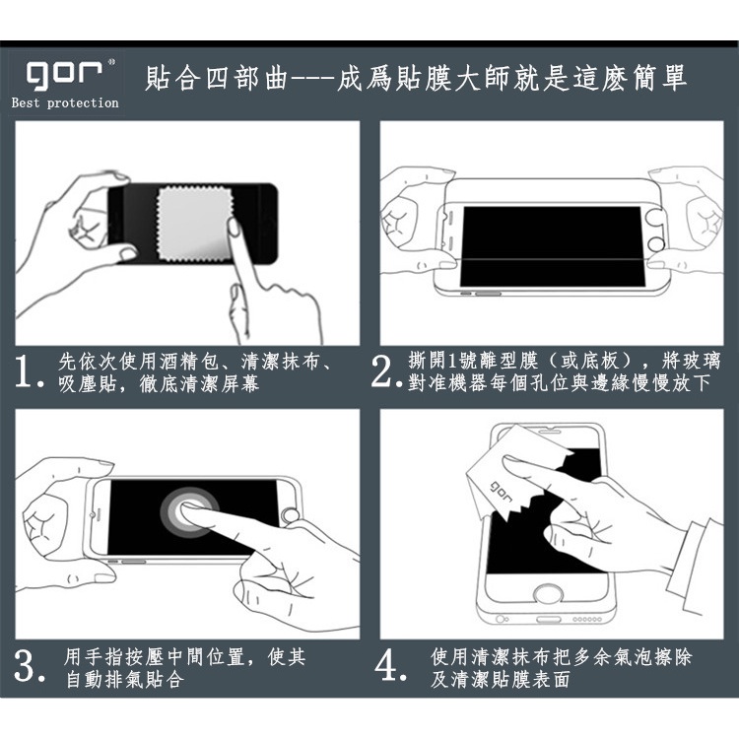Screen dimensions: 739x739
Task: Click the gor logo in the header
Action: tap(64, 75)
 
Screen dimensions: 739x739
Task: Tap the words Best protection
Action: tap(65, 102)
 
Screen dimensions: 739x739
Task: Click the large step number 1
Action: tap(23, 371)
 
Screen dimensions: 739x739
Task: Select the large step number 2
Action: tap(380, 371)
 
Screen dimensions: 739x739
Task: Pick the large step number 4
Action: tap(386, 666)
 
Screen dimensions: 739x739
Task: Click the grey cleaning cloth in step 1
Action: tap(194, 225)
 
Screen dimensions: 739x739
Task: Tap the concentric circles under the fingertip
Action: tap(189, 512)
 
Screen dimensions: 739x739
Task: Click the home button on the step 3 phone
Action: tap(290, 516)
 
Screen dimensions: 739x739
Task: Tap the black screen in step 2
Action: tap(553, 246)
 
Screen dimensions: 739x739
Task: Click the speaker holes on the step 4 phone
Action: tap(587, 619)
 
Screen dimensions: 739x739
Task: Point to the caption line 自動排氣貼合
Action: tap(124, 679)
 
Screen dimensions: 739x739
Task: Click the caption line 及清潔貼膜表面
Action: tap(500, 679)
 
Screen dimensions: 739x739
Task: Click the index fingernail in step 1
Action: tap(234, 227)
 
